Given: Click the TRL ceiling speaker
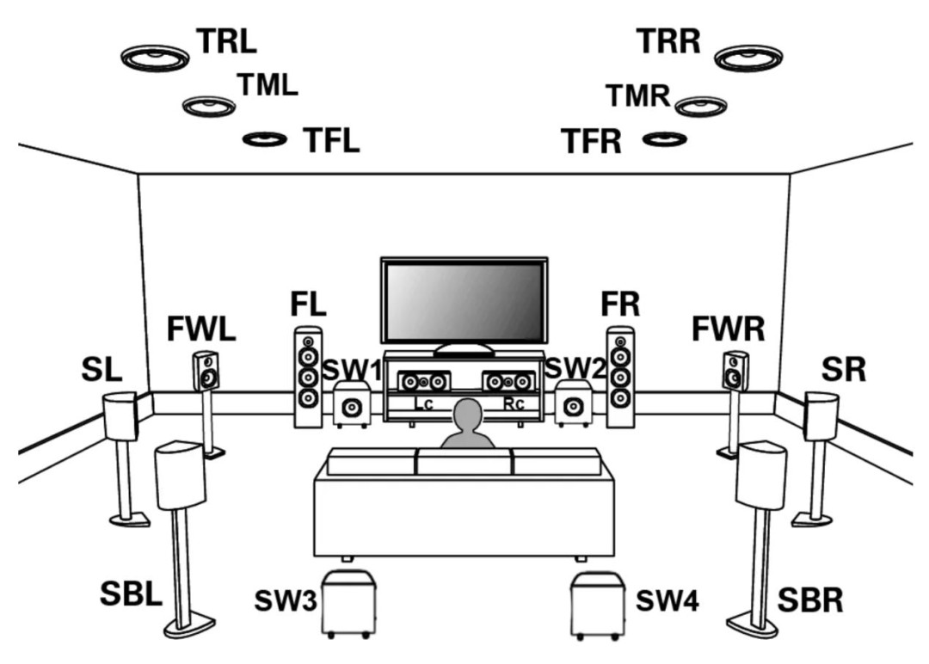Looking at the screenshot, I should click(x=155, y=58).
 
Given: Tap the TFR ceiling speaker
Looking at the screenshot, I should click(x=664, y=138).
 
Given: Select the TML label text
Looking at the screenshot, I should click(x=267, y=84).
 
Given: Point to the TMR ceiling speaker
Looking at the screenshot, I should click(x=702, y=105).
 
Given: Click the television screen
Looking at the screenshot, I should click(x=464, y=301).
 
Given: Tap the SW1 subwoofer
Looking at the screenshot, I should click(x=352, y=406).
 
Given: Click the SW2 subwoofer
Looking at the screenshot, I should click(x=572, y=405).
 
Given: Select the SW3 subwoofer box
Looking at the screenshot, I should click(x=348, y=602).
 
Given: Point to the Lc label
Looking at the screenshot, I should click(x=423, y=403).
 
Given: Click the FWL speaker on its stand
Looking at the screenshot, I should click(x=206, y=372).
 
